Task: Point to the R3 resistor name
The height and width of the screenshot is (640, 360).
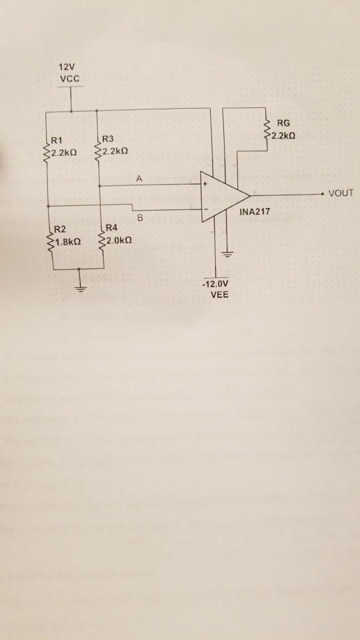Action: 108,141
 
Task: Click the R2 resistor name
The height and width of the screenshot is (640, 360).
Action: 59,229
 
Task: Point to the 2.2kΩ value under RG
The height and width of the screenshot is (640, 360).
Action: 283,135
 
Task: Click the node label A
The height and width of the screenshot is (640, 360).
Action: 139,178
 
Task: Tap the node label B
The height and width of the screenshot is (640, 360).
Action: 140,217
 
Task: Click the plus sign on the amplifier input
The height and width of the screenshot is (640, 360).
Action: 205,183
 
